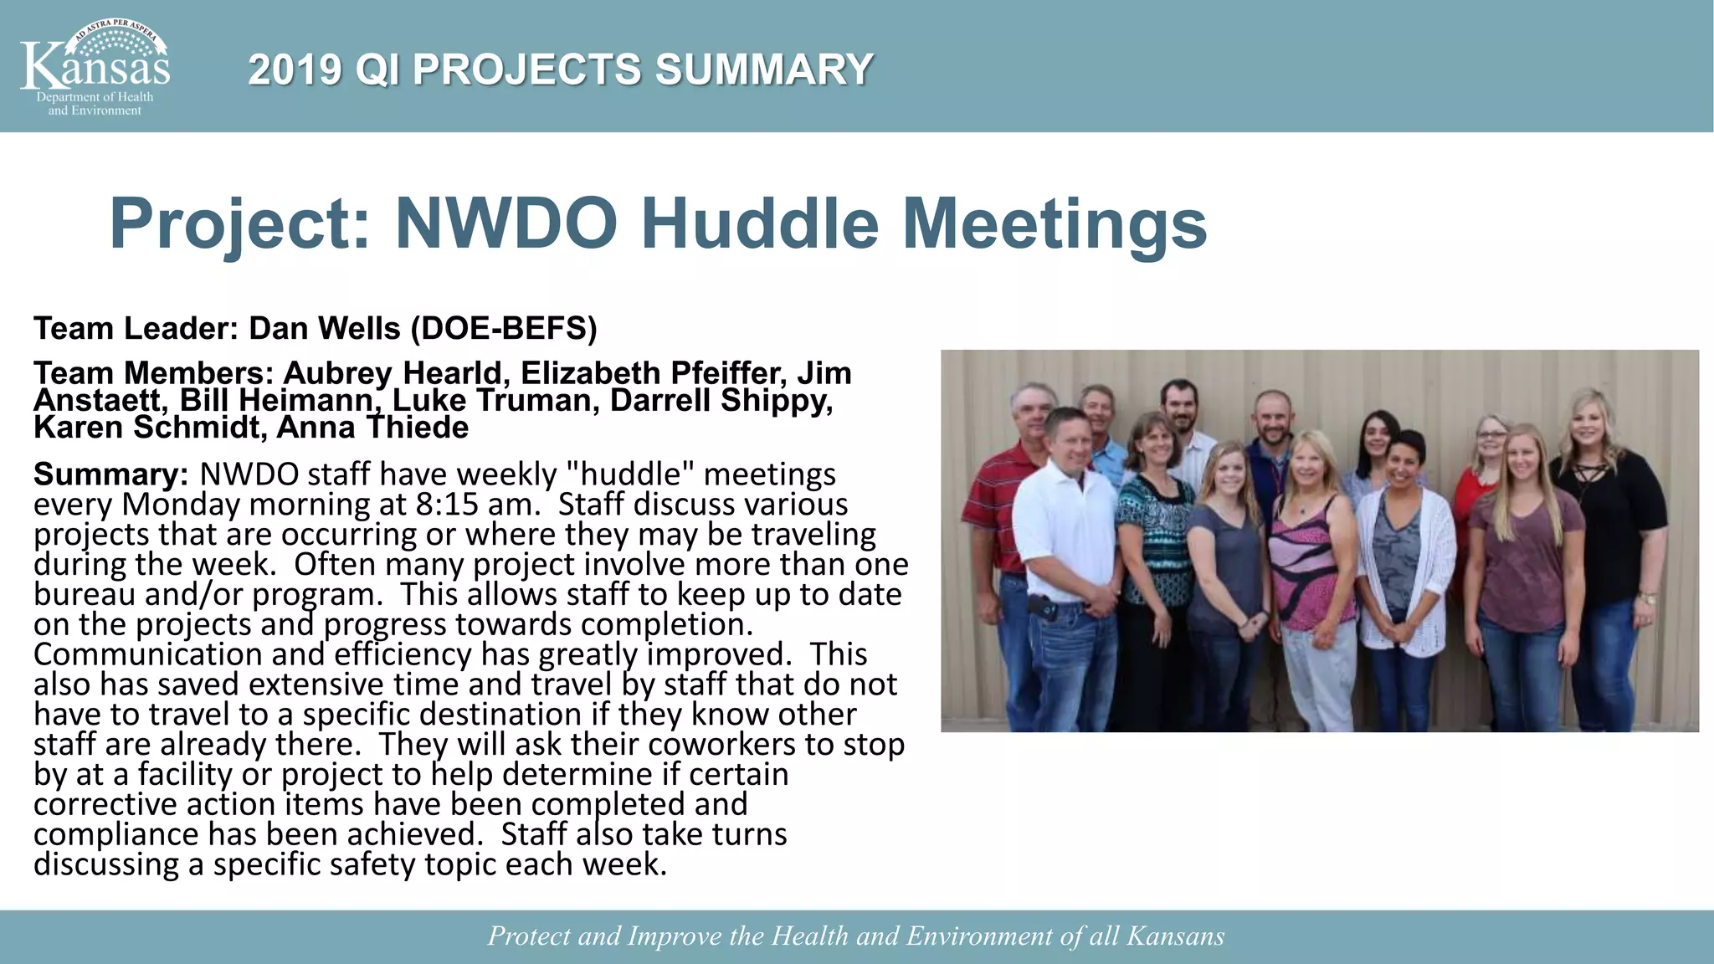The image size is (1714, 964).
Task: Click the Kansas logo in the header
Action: click(x=95, y=68)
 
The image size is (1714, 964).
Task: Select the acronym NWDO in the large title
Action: click(x=506, y=223)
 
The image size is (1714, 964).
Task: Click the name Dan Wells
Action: click(x=325, y=329)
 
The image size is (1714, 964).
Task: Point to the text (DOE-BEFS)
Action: click(x=504, y=329)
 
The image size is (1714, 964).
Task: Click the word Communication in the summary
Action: click(x=147, y=654)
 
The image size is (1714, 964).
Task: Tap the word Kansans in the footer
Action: click(x=1175, y=936)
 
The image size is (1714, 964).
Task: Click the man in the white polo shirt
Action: click(x=1064, y=536)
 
